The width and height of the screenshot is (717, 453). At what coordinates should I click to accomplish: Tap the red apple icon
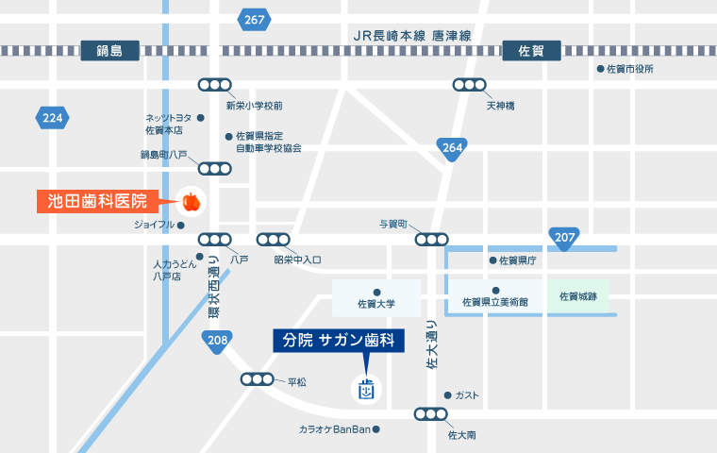[x=192, y=201]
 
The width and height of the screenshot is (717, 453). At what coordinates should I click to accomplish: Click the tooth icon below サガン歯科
[x=366, y=388]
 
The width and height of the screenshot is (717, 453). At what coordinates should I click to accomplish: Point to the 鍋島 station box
[x=110, y=50]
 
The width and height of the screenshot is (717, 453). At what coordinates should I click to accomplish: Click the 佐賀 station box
[x=532, y=50]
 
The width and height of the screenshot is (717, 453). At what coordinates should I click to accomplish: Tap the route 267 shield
[x=255, y=19]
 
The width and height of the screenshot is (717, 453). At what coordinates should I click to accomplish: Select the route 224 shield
[x=53, y=118]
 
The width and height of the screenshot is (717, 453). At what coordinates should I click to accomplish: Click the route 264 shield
[x=452, y=148]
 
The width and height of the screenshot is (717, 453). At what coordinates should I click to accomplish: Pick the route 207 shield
[x=564, y=238]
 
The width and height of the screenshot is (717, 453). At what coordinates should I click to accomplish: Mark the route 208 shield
[x=216, y=341]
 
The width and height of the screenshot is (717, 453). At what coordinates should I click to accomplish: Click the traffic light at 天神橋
[x=469, y=85]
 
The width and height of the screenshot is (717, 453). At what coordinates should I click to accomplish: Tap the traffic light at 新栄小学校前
[x=214, y=85]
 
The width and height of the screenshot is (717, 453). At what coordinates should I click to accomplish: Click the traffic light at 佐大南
[x=431, y=413]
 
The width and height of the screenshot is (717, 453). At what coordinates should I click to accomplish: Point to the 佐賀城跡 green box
[x=578, y=296]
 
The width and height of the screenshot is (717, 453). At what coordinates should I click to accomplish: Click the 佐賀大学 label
[x=376, y=305]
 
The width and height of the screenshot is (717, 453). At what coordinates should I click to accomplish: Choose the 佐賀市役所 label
[x=629, y=69]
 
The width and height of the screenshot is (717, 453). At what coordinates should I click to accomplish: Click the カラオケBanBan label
[x=334, y=430]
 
